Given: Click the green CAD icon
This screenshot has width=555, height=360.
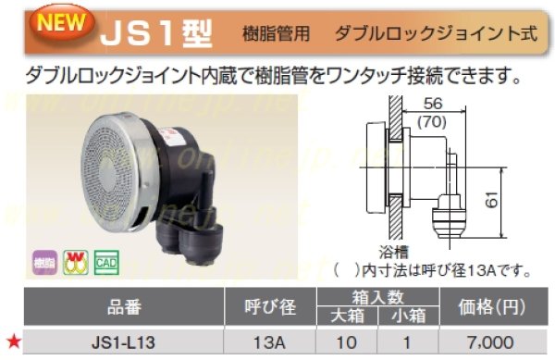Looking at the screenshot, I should click(105, 262).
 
